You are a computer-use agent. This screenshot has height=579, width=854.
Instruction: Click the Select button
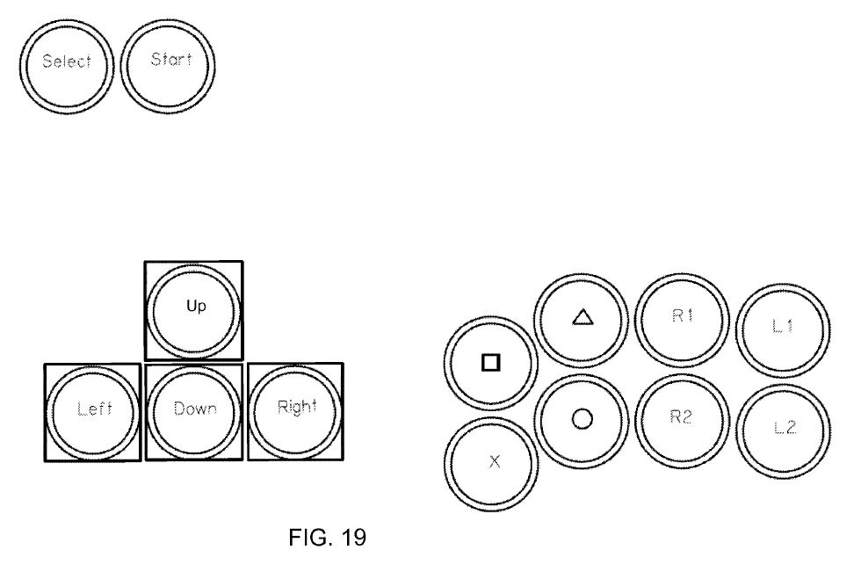pyautogui.click(x=67, y=63)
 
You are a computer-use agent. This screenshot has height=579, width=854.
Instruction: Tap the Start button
pyautogui.click(x=168, y=62)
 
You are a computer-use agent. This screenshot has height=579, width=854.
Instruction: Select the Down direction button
pyautogui.click(x=194, y=411)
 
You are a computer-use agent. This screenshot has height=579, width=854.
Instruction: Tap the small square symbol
pyautogui.click(x=491, y=362)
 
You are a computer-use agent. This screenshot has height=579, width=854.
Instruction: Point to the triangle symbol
pyautogui.click(x=582, y=317)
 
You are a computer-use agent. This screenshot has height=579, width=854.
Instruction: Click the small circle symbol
pyautogui.click(x=582, y=419)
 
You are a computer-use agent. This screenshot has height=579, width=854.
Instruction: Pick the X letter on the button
pyautogui.click(x=494, y=462)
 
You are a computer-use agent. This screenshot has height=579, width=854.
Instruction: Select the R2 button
pyautogui.click(x=682, y=420)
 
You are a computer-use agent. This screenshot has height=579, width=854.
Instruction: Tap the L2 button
pyautogui.click(x=784, y=430)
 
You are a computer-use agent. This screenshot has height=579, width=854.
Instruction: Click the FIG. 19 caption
pyautogui.click(x=326, y=538)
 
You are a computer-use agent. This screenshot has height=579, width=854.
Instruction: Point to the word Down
pyautogui.click(x=194, y=409)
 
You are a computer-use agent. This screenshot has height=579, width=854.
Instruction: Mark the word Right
pyautogui.click(x=296, y=409)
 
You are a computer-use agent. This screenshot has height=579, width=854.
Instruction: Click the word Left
pyautogui.click(x=94, y=410)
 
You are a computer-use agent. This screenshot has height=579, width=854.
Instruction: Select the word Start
pyautogui.click(x=170, y=61)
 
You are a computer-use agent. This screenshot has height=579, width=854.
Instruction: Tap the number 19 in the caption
pyautogui.click(x=351, y=538)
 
